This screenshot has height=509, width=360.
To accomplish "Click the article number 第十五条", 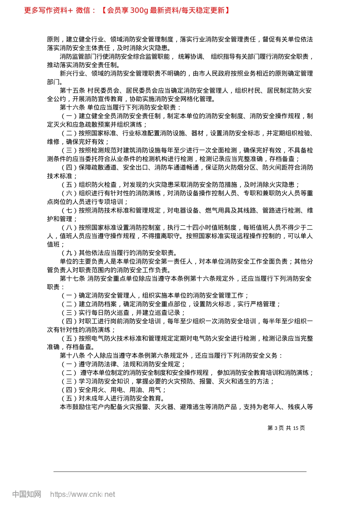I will click(x=72, y=91).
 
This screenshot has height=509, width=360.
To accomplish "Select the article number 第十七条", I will click(x=72, y=279).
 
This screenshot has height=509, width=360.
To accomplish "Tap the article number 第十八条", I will click(x=72, y=356).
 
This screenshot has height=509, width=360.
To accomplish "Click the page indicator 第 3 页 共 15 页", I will click(x=286, y=428).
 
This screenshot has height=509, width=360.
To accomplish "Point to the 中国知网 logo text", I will click(x=27, y=494).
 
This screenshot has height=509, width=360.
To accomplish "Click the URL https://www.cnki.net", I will click(x=83, y=494).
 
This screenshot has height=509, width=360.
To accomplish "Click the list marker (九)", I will click(x=69, y=253).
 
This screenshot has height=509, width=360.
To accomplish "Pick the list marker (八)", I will click(x=69, y=228).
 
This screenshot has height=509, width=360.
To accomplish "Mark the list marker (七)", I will click(x=69, y=211).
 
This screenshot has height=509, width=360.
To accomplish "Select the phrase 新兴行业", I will click(x=72, y=73).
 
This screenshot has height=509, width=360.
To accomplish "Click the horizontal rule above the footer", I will click(x=180, y=472).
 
